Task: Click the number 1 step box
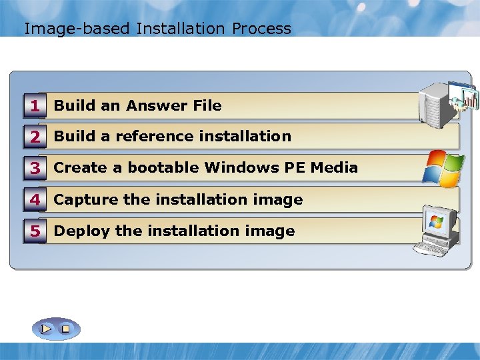point(35,105)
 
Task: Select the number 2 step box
point(35,137)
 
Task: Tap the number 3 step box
point(35,168)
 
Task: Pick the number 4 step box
point(35,199)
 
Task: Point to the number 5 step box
point(35,231)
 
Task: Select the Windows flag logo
point(443,168)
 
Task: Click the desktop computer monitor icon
point(440,227)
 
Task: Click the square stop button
point(65,329)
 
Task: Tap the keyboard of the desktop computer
point(432,249)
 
